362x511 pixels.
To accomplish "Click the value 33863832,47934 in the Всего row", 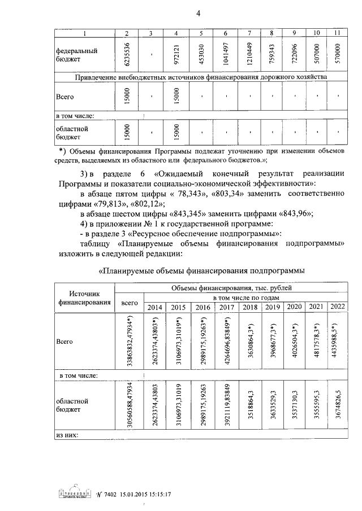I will [131, 342].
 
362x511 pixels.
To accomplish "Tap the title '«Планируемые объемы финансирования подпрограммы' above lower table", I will [201, 270].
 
